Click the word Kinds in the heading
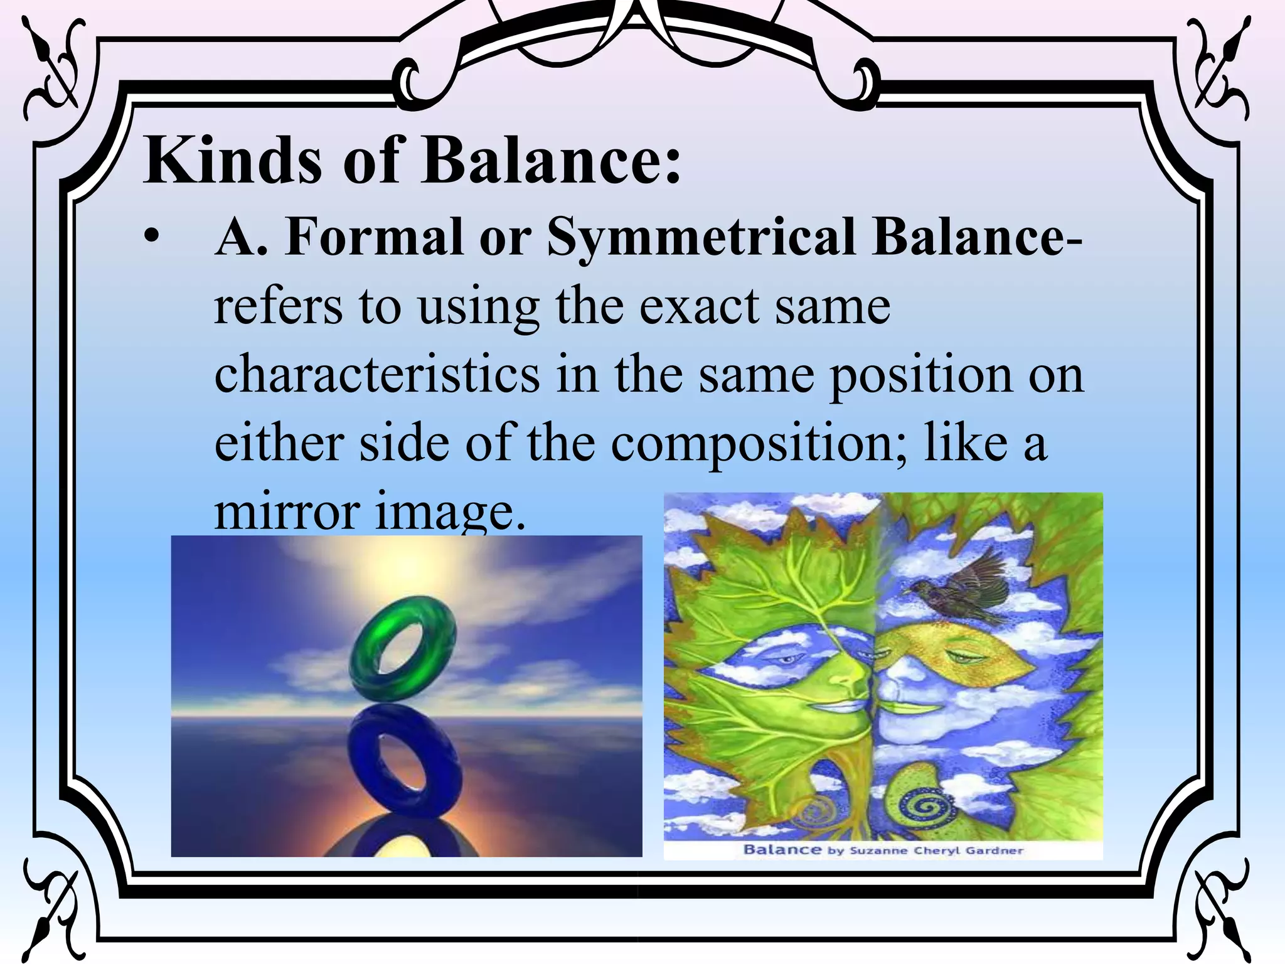(232, 161)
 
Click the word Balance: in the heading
(552, 161)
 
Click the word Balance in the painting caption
(782, 850)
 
